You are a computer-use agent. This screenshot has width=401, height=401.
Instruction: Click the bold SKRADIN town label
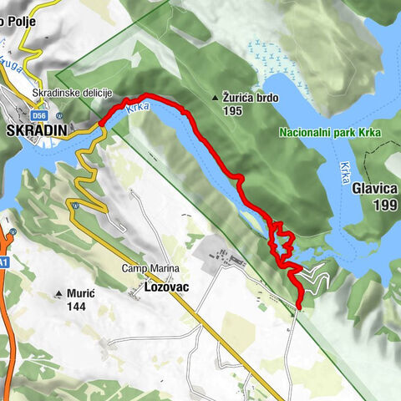point(36,131)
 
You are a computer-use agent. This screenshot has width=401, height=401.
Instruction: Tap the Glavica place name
point(376,190)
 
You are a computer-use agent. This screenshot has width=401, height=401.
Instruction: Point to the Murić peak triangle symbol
point(58,294)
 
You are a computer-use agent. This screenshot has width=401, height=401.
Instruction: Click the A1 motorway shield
point(5,261)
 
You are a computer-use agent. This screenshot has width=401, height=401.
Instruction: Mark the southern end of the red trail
point(298,307)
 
